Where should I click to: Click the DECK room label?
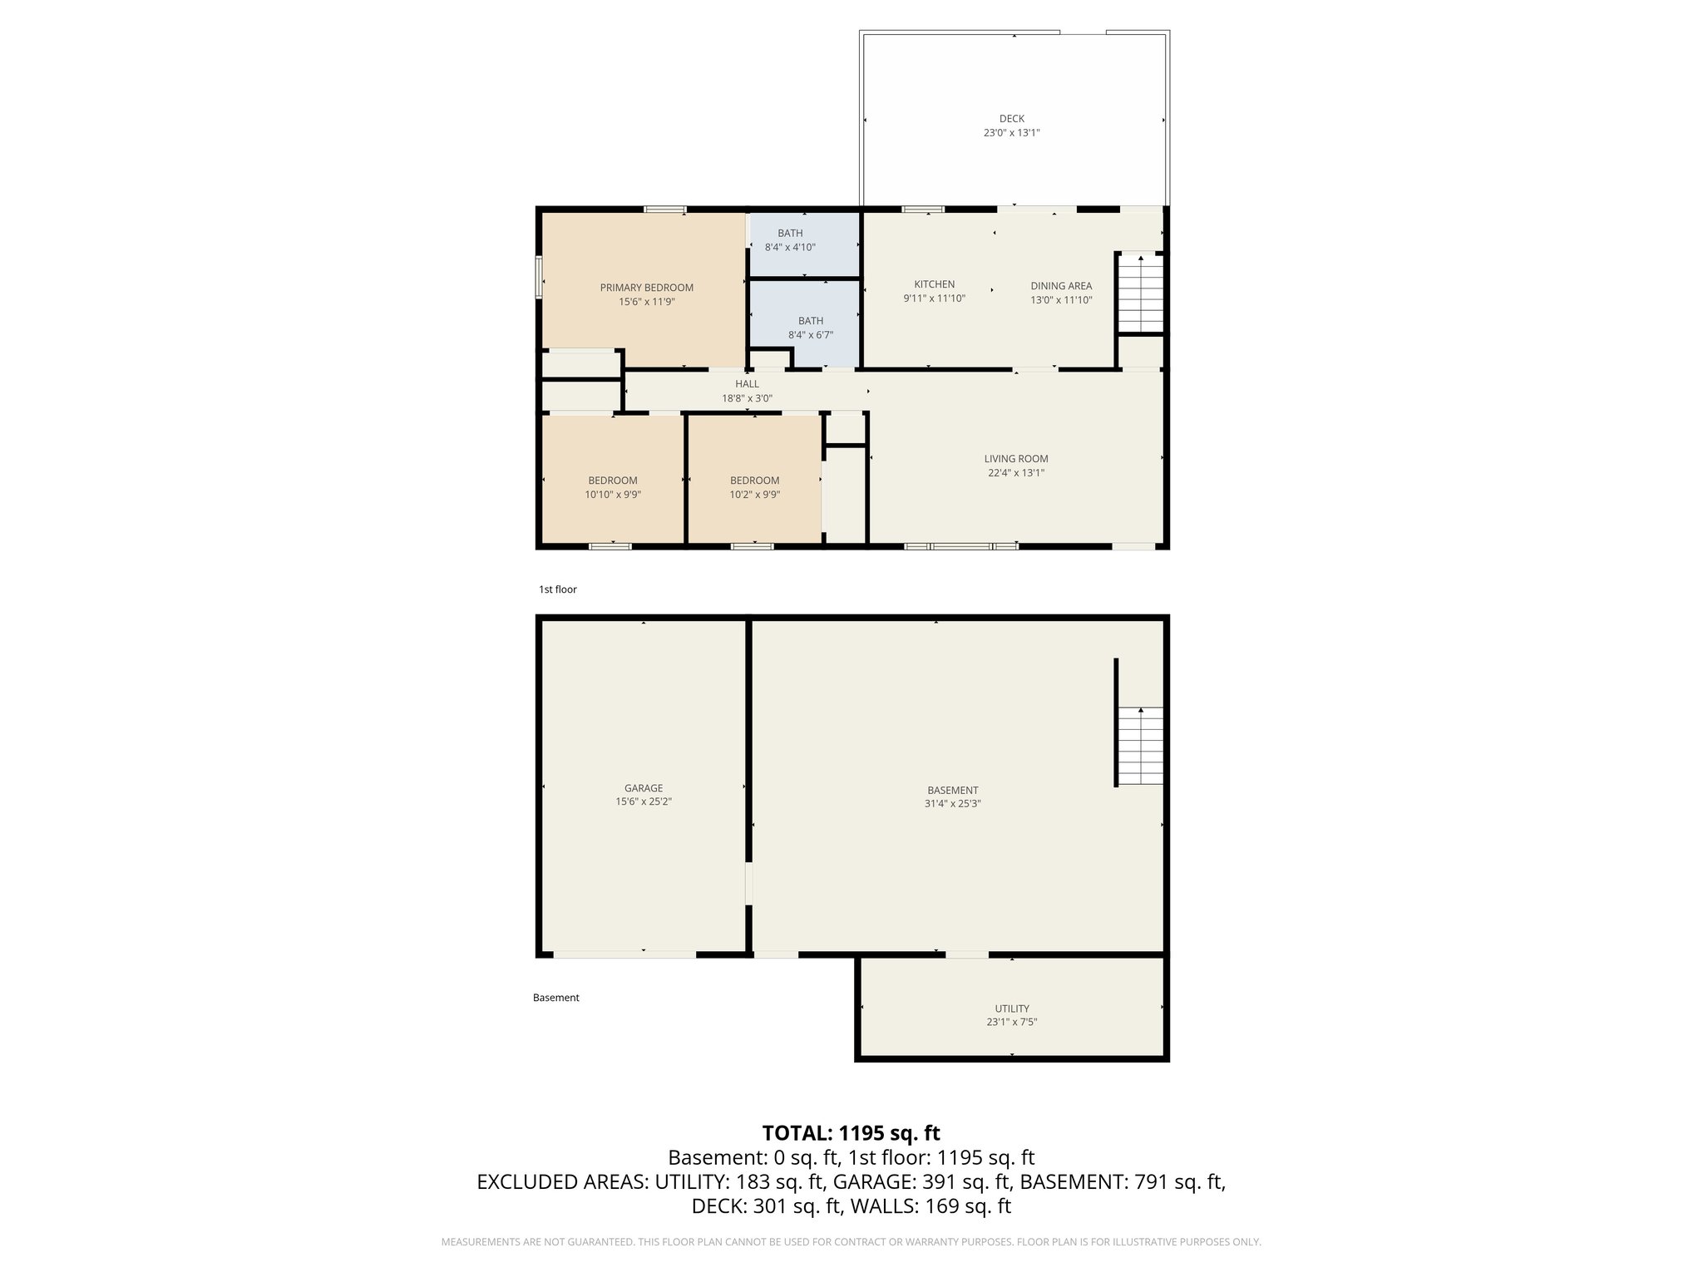pos(1011,119)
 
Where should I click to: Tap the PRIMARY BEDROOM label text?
pos(646,288)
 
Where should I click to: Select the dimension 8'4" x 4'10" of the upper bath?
pos(790,248)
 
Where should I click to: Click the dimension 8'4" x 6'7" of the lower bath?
pos(810,335)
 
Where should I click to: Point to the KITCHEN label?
pos(934,284)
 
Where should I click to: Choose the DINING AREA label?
pos(1061,286)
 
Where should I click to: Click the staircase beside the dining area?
pos(1140,293)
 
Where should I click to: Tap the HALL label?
pos(747,384)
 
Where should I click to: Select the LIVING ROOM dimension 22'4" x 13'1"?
pos(1015,473)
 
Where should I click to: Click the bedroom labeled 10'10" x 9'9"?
pos(613,487)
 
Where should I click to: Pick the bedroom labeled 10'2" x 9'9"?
pos(754,487)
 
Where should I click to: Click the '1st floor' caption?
pos(557,589)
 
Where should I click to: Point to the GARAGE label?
pos(644,788)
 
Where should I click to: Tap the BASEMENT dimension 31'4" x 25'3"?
pos(952,804)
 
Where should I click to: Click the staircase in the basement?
pos(1140,746)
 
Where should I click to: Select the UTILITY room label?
pos(1011,1008)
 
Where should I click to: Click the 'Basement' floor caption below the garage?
pos(555,998)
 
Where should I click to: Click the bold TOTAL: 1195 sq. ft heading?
pos(851,1133)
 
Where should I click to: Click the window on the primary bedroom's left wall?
pos(539,277)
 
